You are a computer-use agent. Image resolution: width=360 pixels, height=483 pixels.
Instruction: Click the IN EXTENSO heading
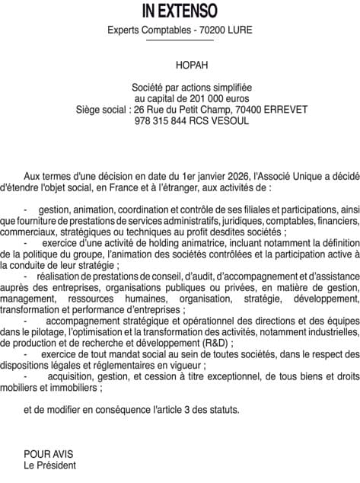tap(180, 11)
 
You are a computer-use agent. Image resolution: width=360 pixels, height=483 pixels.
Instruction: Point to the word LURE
tap(240, 30)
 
